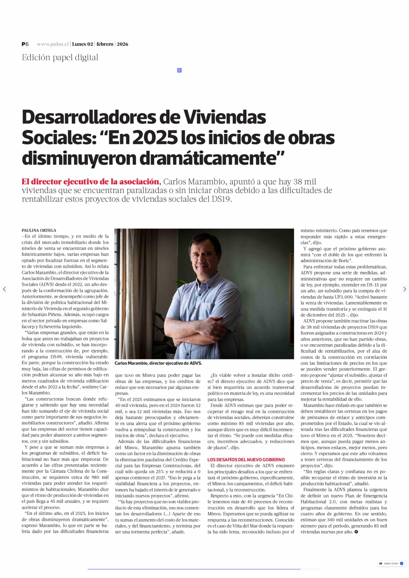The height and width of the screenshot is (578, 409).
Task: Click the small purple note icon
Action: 179,70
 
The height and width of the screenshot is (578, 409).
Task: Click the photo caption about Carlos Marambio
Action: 158,363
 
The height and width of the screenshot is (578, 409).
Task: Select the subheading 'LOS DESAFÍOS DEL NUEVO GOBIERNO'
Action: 246,460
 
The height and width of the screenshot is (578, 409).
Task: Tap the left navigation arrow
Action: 4,289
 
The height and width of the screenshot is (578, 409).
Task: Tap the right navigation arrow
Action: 404,289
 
